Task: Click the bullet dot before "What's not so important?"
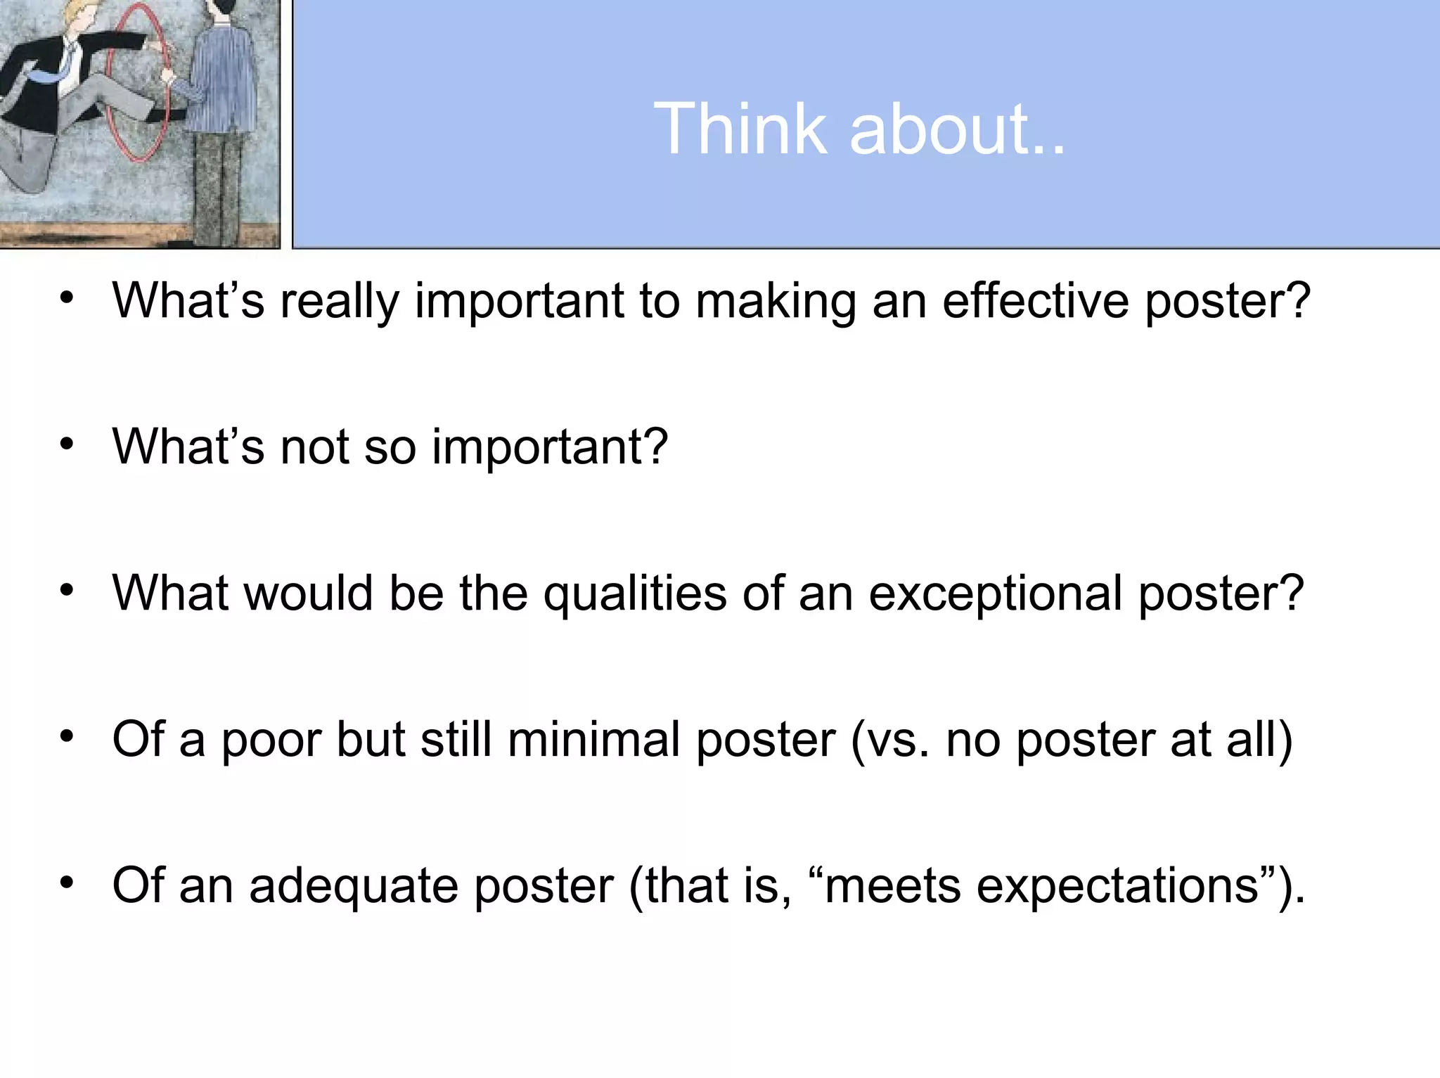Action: pos(67,444)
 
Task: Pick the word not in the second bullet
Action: pos(314,447)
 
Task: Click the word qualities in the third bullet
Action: pos(635,594)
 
